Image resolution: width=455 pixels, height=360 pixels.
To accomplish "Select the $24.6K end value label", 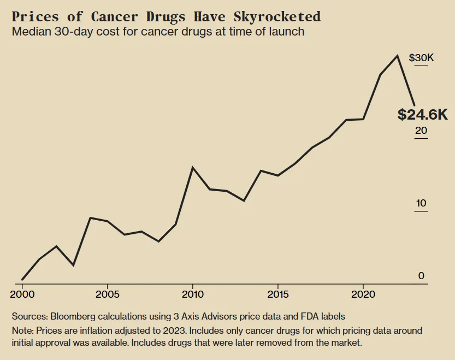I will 422,115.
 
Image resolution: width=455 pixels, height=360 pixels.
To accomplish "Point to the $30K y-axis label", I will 421,58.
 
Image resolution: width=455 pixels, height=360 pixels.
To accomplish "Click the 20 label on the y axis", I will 421,131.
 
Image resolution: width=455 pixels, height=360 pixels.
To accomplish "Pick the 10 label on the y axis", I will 421,204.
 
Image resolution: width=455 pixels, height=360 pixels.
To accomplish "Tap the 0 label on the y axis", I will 421,276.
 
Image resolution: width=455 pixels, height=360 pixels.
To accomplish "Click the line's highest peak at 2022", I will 398,56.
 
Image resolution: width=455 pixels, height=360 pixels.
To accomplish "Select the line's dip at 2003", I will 73,265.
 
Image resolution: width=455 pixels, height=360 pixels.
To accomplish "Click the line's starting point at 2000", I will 22,280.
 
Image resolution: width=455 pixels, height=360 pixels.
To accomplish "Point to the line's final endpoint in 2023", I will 415,105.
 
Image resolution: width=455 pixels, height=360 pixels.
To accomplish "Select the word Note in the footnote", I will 21,331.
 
